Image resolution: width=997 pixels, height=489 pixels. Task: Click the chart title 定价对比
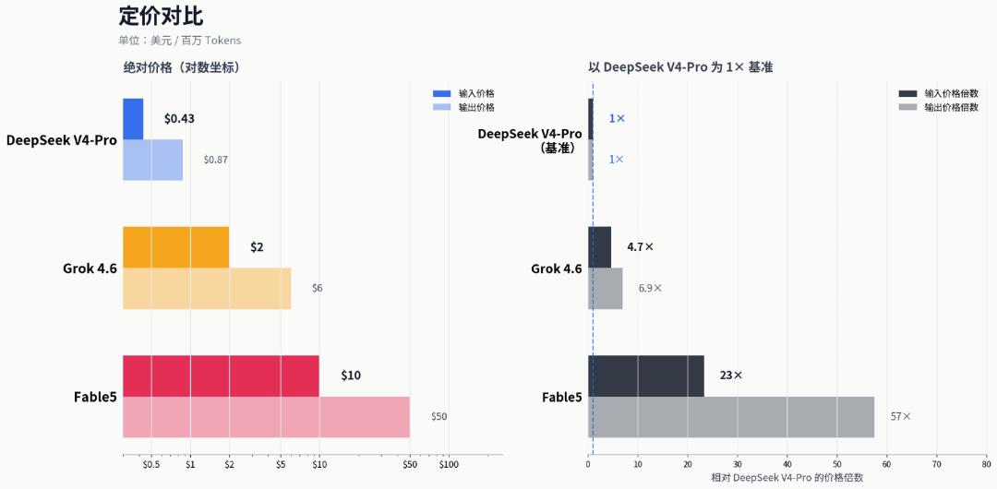tap(161, 17)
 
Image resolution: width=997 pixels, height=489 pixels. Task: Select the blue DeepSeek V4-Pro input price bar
tap(133, 119)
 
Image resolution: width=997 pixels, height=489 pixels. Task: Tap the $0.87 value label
tap(215, 160)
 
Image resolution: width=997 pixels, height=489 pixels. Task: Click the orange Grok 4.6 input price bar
tap(176, 247)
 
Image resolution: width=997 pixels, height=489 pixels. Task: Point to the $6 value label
tap(318, 288)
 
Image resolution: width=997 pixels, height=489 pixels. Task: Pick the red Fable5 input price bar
tap(222, 376)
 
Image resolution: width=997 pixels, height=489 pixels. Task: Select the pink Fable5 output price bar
tap(267, 417)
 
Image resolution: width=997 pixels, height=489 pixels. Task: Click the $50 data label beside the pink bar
tap(439, 416)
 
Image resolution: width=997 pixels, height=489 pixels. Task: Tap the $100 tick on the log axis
tap(449, 465)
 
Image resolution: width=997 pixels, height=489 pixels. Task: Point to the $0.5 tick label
tap(151, 465)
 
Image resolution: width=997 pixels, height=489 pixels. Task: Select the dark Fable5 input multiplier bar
tap(646, 376)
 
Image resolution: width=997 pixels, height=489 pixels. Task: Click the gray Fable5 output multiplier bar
tap(731, 417)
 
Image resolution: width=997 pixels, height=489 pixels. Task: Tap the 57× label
tap(901, 416)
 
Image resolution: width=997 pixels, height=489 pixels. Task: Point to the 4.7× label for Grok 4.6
tap(641, 246)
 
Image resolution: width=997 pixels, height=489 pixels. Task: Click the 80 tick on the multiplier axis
tap(987, 465)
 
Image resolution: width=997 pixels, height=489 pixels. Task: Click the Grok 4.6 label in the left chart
tap(90, 268)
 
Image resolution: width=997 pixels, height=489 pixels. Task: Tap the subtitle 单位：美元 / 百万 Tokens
tap(180, 40)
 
